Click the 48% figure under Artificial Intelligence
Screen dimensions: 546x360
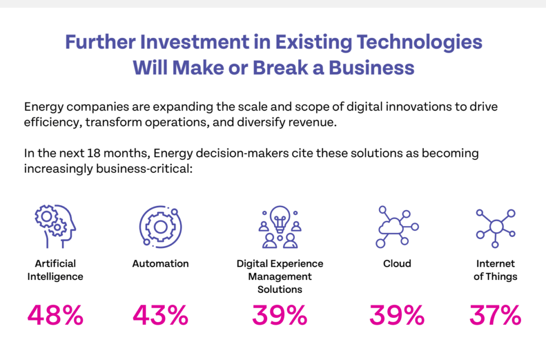(x=55, y=315)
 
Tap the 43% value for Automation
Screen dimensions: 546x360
(x=160, y=315)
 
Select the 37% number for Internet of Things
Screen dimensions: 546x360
(x=495, y=315)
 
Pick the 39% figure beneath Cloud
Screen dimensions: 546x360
(x=397, y=315)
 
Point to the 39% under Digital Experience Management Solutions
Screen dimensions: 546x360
(x=279, y=315)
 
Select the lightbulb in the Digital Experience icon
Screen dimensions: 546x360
(x=280, y=219)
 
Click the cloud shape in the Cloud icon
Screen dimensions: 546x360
(x=391, y=226)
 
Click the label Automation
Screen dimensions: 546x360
(x=160, y=263)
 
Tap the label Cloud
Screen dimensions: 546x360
(x=397, y=263)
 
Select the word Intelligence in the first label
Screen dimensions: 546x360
(x=55, y=277)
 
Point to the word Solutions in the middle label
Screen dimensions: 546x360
(x=280, y=289)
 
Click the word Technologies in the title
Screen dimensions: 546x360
(x=420, y=43)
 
